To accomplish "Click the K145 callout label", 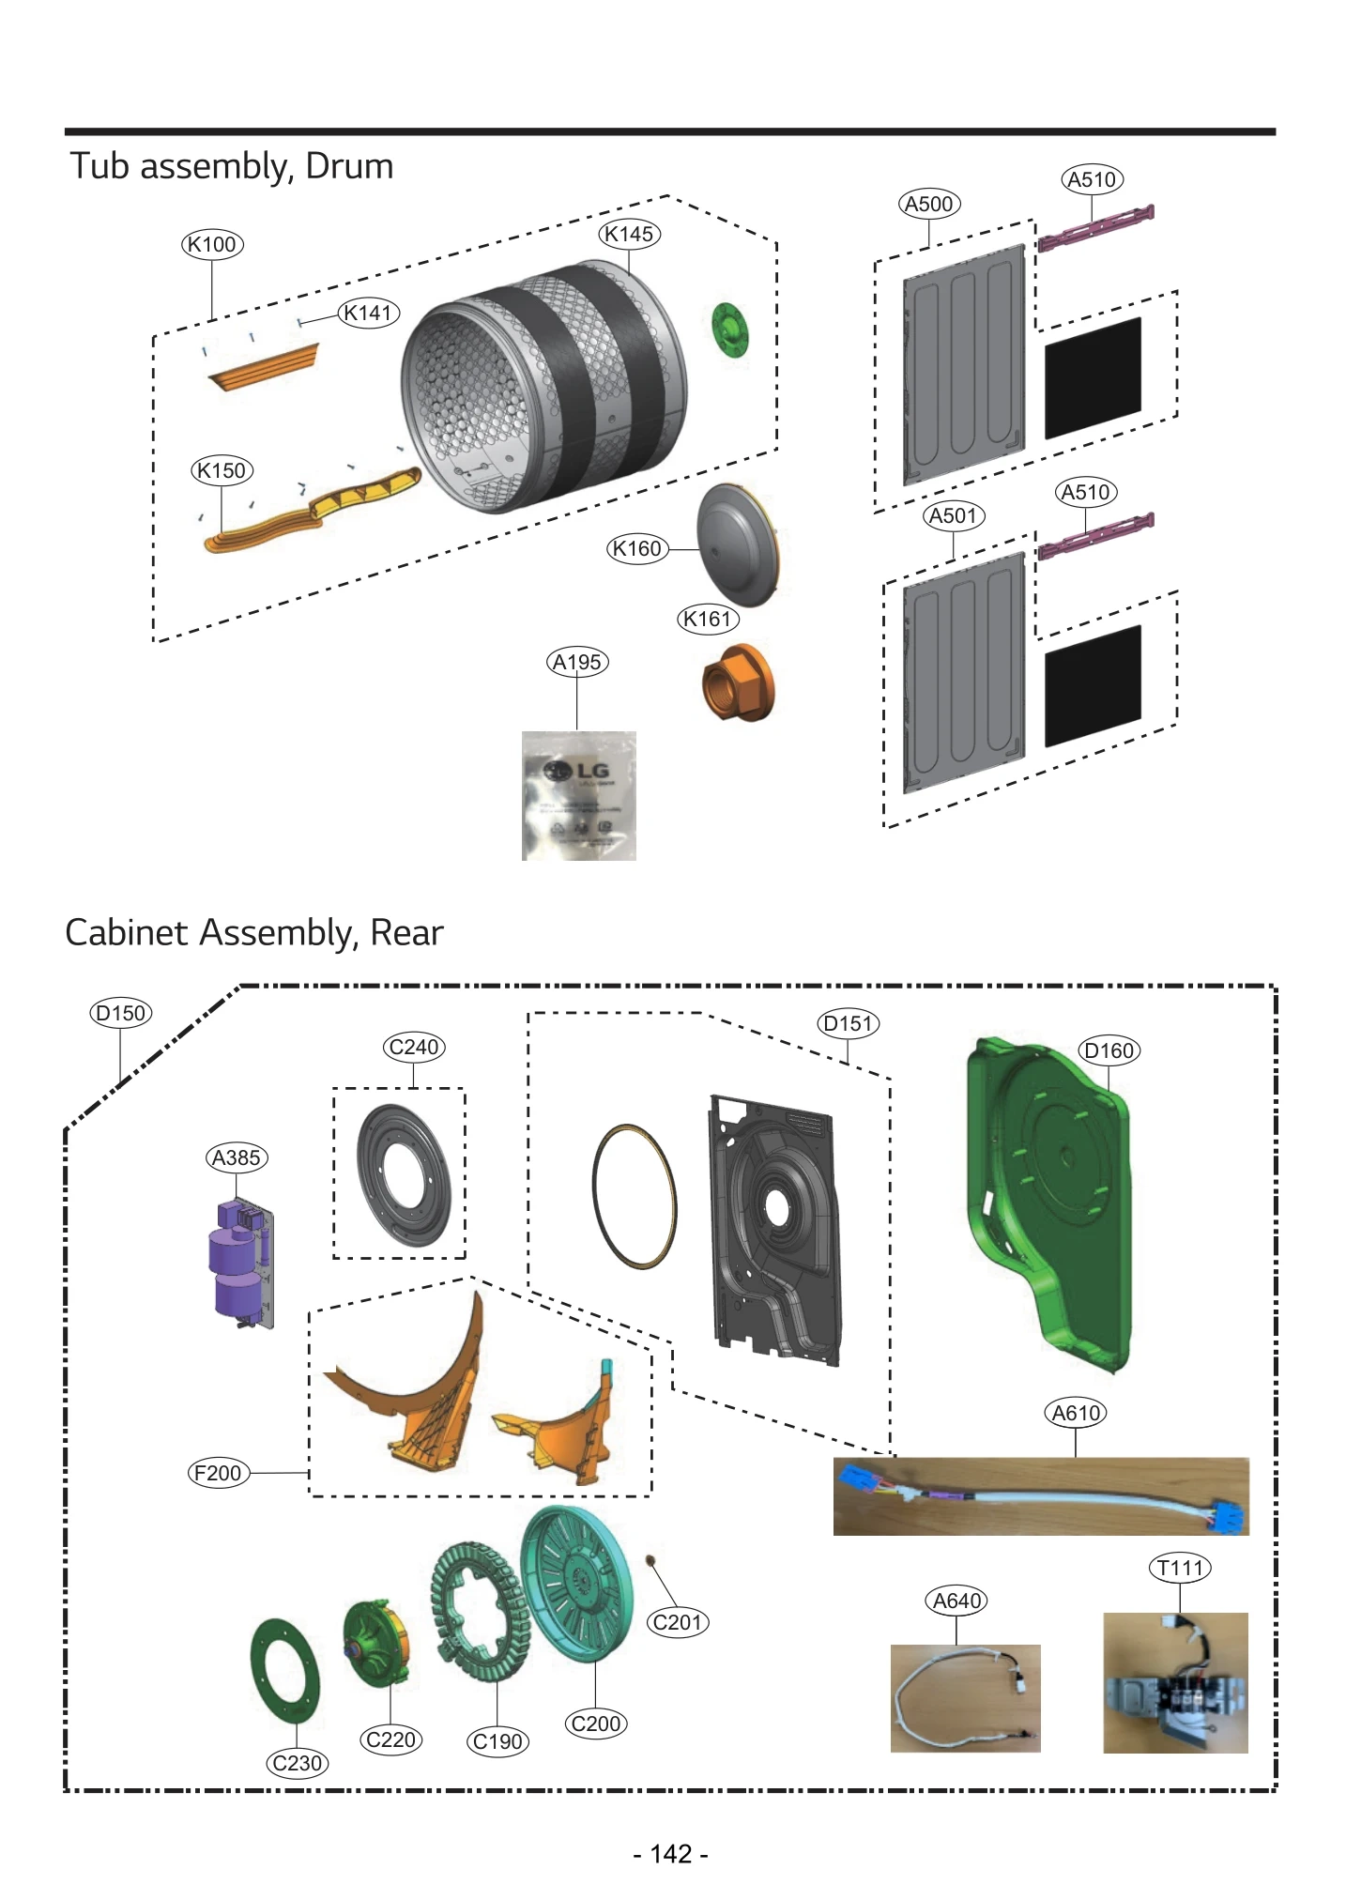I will tap(629, 234).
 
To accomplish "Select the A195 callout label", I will tap(576, 662).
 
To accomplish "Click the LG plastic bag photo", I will tap(578, 795).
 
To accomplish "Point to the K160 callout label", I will tap(636, 548).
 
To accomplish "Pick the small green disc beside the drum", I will tap(729, 329).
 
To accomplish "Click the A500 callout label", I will tap(928, 204).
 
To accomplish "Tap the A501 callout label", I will tap(953, 515).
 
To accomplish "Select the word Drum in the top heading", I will tap(349, 166).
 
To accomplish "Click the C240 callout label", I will tap(414, 1047).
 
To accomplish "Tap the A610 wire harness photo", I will tap(1040, 1495).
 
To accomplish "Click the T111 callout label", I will tap(1180, 1568).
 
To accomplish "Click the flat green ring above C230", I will tap(284, 1672).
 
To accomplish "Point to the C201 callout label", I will tap(678, 1622).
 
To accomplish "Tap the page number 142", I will tap(671, 1854).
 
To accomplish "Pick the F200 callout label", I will tap(218, 1473).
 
